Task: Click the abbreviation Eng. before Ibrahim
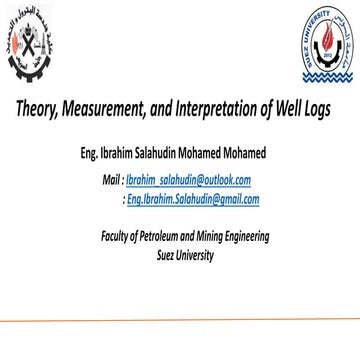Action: pyautogui.click(x=91, y=155)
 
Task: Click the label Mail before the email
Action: pyautogui.click(x=111, y=180)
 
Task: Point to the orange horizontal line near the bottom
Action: pyautogui.click(x=180, y=321)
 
